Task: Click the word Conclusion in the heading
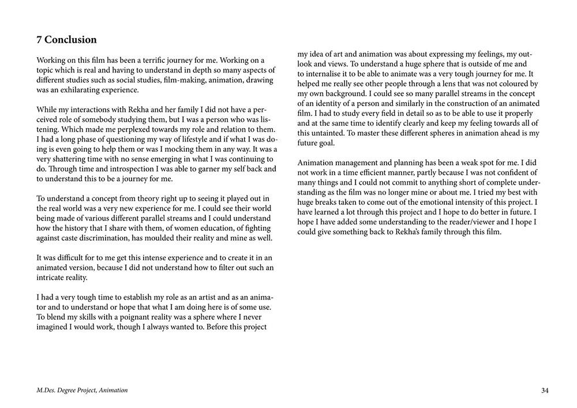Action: pos(70,40)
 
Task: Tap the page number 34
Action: pos(545,391)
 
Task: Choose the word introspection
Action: pos(124,169)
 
